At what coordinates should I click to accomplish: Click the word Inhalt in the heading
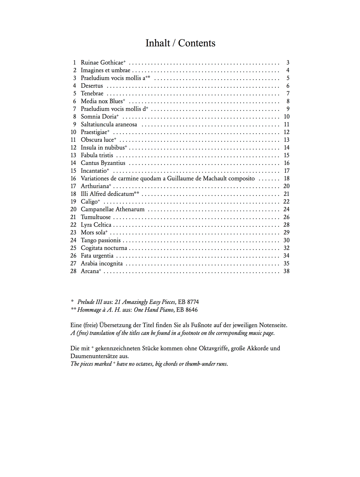point(158,43)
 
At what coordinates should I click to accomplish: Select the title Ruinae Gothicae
point(102,63)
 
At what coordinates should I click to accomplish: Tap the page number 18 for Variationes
point(286,178)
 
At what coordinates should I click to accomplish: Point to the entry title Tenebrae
point(92,93)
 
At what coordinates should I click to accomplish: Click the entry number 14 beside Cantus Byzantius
point(73,163)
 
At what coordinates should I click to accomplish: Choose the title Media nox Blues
point(102,101)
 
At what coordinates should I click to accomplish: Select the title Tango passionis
point(101,240)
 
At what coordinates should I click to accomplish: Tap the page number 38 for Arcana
point(286,271)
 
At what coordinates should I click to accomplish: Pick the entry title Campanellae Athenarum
point(113,209)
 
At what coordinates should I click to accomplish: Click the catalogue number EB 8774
point(188,302)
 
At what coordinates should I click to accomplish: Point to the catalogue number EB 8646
point(187,310)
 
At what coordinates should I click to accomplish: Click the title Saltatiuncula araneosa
point(109,124)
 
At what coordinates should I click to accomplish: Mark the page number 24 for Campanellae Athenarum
point(286,209)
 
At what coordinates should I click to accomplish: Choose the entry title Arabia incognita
point(102,263)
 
